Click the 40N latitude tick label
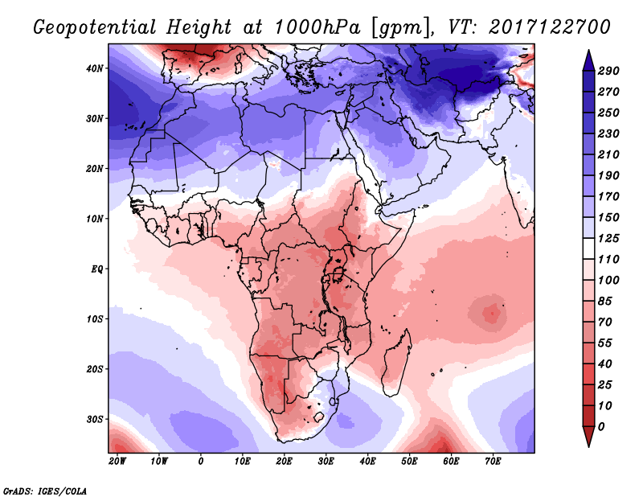[x=94, y=68]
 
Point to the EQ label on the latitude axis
[x=96, y=269]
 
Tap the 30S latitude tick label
[x=94, y=420]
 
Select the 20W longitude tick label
[x=117, y=462]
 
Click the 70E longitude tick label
[x=493, y=462]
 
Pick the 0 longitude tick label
[x=200, y=462]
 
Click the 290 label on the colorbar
[x=608, y=71]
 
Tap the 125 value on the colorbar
[x=608, y=238]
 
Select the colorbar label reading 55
[x=605, y=343]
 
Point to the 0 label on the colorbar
[x=601, y=427]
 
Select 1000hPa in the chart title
[x=317, y=27]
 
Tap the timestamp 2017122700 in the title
[x=550, y=27]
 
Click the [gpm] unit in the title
[x=401, y=28]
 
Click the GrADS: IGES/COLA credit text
[x=45, y=491]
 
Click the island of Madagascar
[x=397, y=364]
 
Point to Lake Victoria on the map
[x=338, y=273]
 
